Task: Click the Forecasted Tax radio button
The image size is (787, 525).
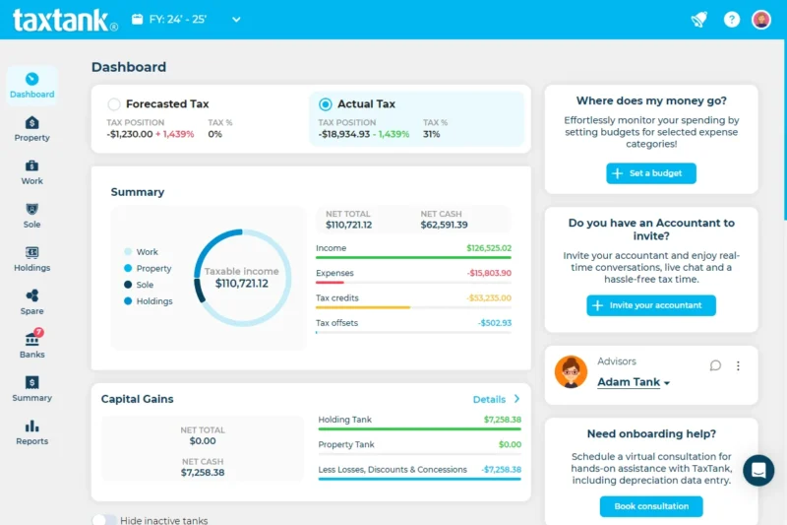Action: click(114, 104)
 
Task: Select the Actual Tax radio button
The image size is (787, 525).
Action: click(326, 104)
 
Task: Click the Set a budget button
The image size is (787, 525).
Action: click(650, 173)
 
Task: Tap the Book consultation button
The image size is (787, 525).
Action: click(650, 506)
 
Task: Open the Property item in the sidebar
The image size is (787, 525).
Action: click(31, 128)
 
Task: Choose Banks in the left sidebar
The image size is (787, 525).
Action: click(31, 345)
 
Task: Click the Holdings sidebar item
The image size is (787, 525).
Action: click(31, 258)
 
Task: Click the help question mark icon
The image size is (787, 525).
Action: click(731, 20)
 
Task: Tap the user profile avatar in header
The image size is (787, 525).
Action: click(760, 20)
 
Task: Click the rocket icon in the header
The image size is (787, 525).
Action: click(699, 20)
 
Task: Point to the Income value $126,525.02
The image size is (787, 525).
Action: click(488, 248)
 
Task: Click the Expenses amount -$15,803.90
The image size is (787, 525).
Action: click(488, 273)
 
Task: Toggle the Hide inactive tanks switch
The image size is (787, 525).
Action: click(104, 520)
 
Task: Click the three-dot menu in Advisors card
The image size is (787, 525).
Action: click(738, 365)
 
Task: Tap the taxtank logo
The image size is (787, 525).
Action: click(65, 20)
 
